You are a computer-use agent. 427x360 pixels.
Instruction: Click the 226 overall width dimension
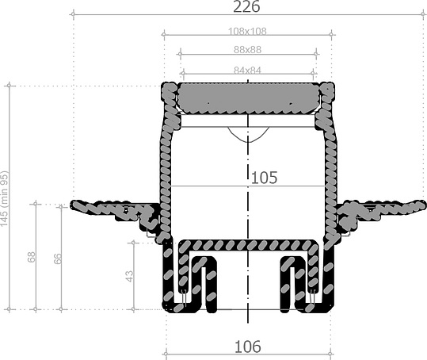coord(248,7)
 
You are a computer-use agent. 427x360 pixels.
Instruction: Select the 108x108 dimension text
coord(248,32)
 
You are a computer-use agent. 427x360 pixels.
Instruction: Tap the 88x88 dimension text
coord(248,50)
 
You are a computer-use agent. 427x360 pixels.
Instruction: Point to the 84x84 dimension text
coord(248,70)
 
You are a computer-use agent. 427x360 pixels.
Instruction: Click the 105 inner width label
coord(264,178)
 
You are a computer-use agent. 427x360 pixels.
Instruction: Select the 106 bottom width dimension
coord(248,347)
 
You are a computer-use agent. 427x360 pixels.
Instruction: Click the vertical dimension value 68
coord(32,257)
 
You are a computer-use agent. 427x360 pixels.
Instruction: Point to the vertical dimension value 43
coord(129,275)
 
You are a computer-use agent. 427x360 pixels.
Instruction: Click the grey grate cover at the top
coord(248,98)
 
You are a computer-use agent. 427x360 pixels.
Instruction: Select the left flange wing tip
coord(76,205)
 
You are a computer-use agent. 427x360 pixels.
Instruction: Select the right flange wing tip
coord(420,205)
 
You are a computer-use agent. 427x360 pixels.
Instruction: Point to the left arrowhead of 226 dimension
coord(74,13)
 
